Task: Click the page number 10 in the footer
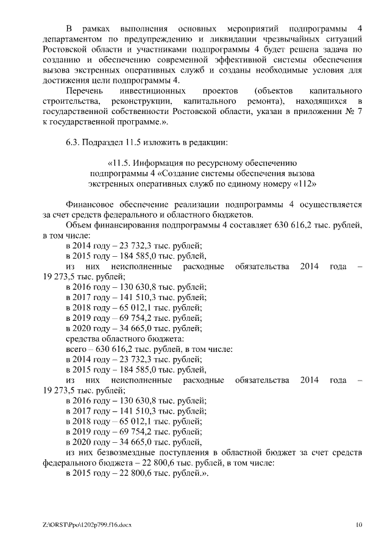360,524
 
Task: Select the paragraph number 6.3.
73,143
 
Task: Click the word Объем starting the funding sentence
79,224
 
